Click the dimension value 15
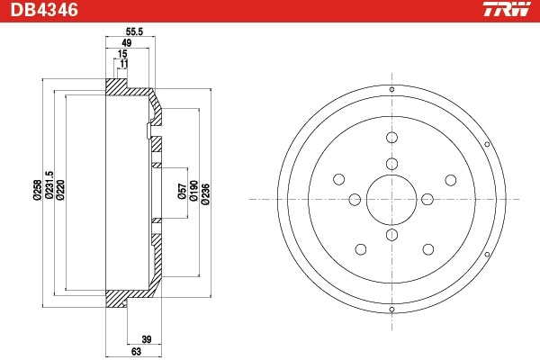click(121, 55)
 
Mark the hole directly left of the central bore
click(355, 199)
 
